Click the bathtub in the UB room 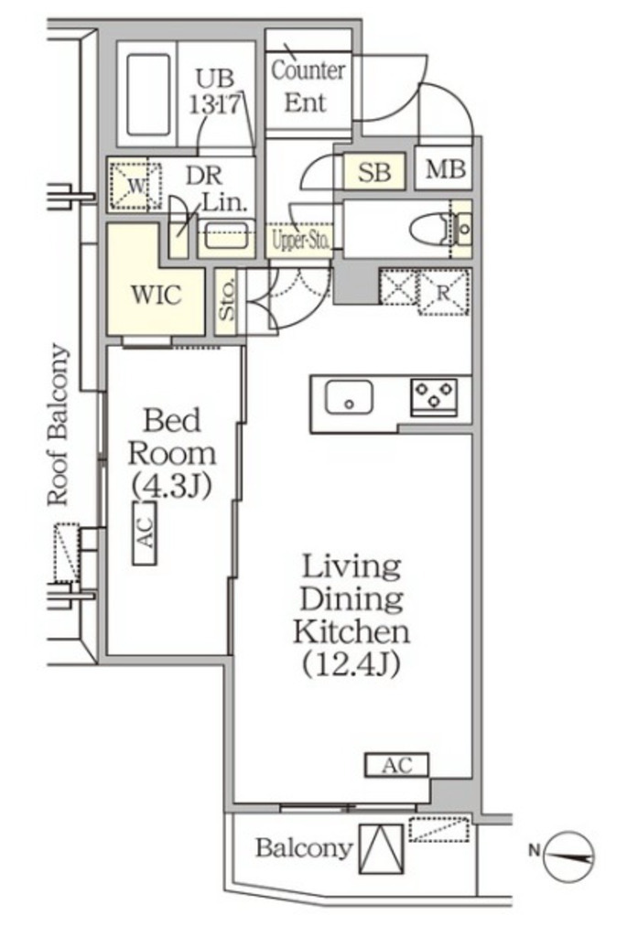[x=148, y=94]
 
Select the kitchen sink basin [x=349, y=398]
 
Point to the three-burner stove [x=434, y=397]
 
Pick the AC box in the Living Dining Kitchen [x=397, y=765]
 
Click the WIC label [x=156, y=296]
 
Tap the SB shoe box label [x=374, y=172]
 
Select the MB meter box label [x=445, y=170]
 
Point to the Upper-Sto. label [x=300, y=241]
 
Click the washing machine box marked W [x=135, y=185]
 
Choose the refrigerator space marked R [x=443, y=292]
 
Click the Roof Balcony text [x=59, y=425]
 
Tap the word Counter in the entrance [x=308, y=70]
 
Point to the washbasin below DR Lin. [x=226, y=237]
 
